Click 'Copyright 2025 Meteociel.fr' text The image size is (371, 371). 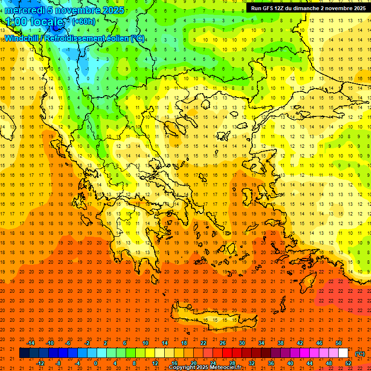point(205,368)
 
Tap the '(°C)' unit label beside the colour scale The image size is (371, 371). point(359,353)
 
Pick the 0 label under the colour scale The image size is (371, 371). point(96,363)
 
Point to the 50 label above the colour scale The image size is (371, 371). point(339,342)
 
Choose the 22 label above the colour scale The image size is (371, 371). point(203,342)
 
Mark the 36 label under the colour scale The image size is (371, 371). point(271,363)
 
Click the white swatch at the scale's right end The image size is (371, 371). point(343,353)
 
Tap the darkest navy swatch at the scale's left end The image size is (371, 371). point(24,353)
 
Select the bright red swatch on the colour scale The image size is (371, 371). point(228,353)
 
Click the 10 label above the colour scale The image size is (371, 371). point(145,342)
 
